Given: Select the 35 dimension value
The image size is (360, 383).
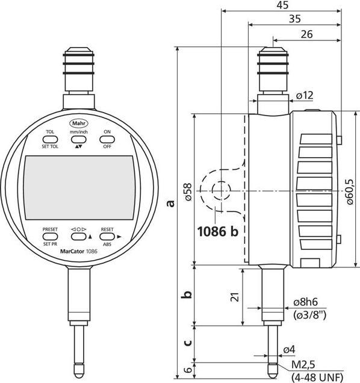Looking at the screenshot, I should click(294, 19).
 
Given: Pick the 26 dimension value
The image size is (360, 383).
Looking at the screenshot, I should click(306, 34).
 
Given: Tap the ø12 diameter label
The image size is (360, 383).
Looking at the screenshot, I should click(305, 95).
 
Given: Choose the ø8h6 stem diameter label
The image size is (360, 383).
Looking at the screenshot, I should click(309, 302).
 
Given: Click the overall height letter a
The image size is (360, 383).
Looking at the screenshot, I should click(172, 203).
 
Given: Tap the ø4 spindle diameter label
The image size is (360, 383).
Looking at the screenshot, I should click(288, 350).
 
